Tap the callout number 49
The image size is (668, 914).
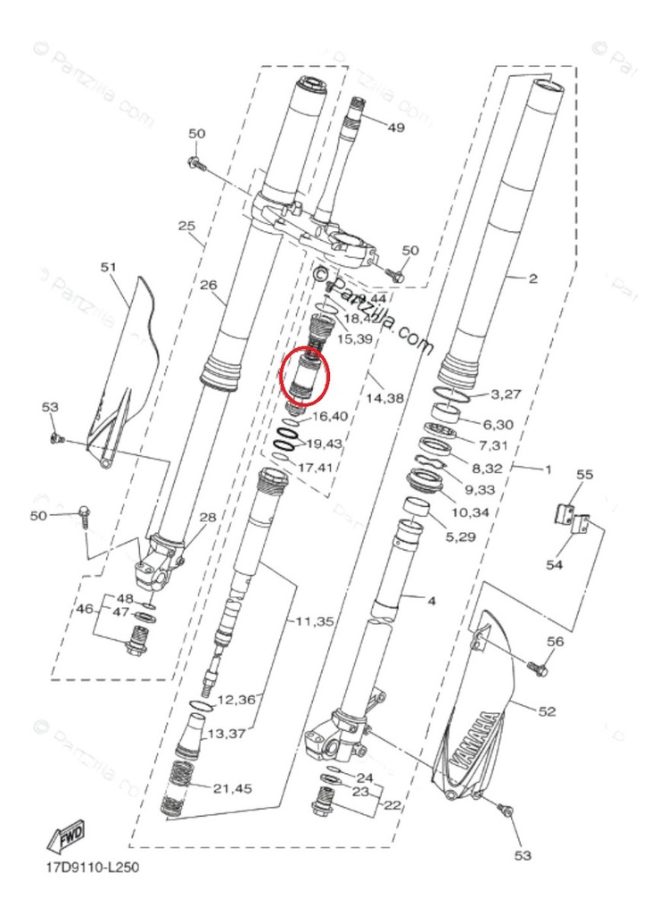(x=396, y=128)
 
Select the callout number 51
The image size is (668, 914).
(x=109, y=266)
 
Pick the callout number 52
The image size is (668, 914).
(x=547, y=711)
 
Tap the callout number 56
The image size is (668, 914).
(x=556, y=641)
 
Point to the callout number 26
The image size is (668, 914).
(x=208, y=286)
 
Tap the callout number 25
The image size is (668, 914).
(x=186, y=227)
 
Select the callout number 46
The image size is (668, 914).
(x=85, y=611)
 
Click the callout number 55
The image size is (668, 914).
(x=584, y=475)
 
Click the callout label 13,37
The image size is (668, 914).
(x=227, y=735)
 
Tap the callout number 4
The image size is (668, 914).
(x=431, y=602)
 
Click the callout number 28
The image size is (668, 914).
(x=207, y=518)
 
